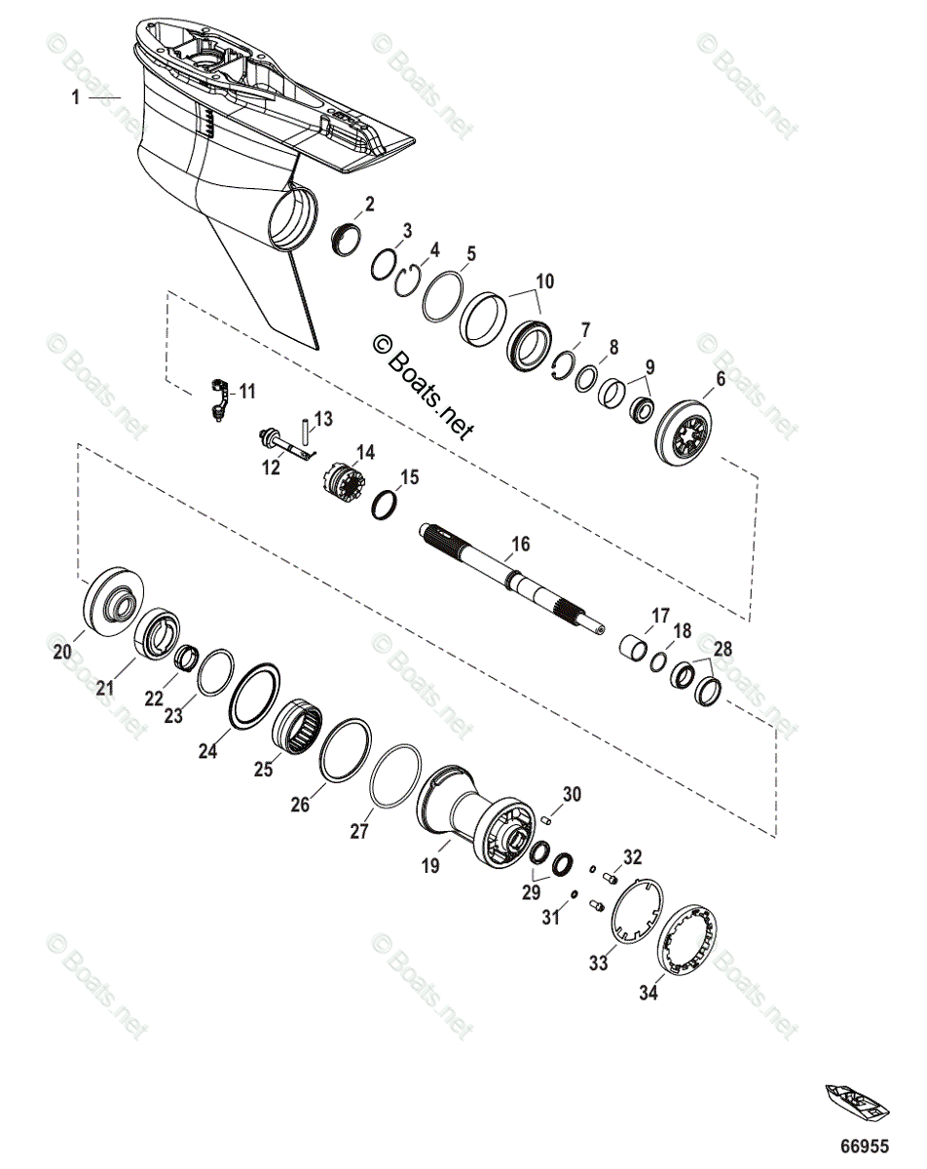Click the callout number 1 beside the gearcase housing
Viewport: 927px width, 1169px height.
coord(75,97)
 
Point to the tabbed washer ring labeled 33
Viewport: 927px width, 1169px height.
coord(635,910)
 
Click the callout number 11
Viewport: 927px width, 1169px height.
coord(247,392)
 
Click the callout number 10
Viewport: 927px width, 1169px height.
coord(544,282)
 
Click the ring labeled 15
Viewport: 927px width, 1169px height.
coord(386,504)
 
